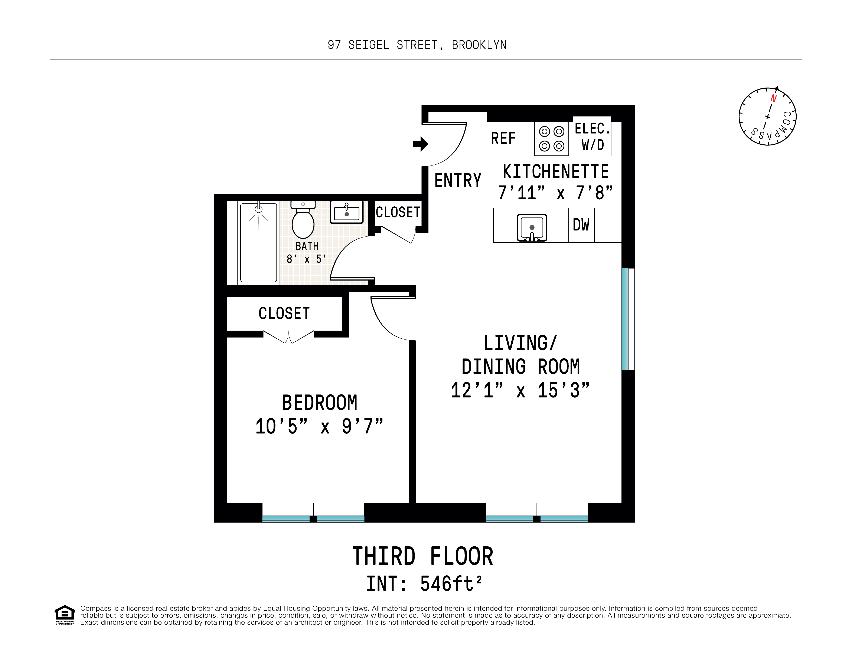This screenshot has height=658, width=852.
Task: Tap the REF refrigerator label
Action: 503,138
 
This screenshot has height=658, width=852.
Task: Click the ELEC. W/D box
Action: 592,137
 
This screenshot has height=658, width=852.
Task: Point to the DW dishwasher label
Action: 581,225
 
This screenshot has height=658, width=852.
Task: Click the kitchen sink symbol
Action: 532,228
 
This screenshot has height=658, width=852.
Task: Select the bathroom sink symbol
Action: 346,213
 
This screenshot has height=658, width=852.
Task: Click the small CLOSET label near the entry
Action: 398,213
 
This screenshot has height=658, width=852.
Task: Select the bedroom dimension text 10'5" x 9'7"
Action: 319,426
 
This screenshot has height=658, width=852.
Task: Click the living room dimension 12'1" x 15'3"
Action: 520,390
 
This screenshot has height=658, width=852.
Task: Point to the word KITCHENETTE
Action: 555,172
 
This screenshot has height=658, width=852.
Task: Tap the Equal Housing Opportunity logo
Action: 64,615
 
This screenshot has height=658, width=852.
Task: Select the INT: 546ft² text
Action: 424,584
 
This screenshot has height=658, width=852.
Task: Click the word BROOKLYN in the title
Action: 479,45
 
